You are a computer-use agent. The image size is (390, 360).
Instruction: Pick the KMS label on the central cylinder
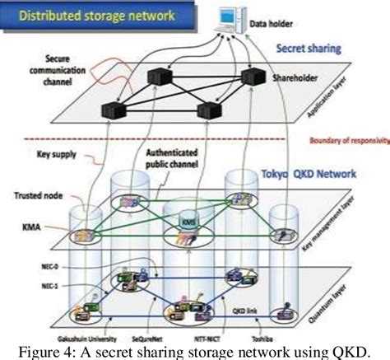(x=188, y=222)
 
